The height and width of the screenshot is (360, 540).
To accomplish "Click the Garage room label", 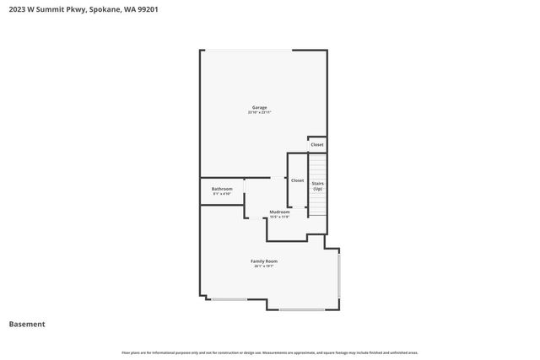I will (259, 107).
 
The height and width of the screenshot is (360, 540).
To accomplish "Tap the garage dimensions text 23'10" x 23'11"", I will (259, 112).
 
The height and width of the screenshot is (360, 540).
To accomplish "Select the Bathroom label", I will (222, 189).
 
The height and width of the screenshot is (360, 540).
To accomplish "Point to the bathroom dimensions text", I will (222, 194).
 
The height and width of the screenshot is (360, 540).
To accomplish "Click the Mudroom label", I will (279, 212).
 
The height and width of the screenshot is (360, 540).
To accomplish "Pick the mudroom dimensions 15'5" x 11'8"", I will (279, 217).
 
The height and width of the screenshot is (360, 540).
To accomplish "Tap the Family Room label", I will (264, 261).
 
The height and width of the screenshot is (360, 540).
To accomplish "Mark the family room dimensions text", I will (264, 266).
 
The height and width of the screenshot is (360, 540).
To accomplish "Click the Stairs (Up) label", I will (317, 185).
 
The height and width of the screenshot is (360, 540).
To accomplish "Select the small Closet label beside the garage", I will (317, 145).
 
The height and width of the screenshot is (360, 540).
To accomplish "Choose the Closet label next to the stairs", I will (297, 180).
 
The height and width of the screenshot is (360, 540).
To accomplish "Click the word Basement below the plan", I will (27, 324).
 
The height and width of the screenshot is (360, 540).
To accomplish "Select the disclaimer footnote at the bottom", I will (269, 352).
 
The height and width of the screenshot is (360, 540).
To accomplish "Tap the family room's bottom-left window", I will (229, 298).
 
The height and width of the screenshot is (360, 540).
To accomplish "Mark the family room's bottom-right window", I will (302, 309).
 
